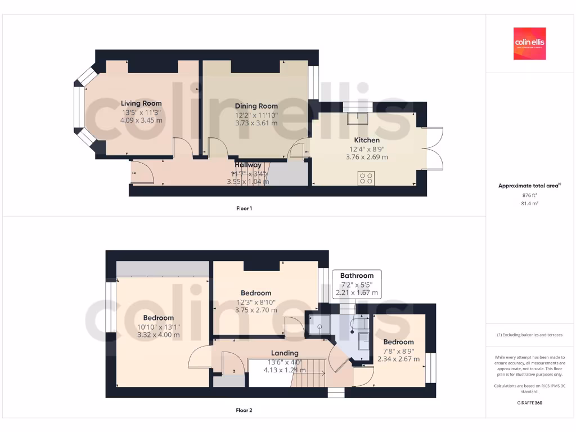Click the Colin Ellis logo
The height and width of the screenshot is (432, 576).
click(529, 44)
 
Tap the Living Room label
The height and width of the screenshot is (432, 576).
click(141, 103)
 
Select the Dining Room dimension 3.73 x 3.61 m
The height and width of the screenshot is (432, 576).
click(256, 123)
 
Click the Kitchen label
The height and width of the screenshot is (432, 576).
click(366, 140)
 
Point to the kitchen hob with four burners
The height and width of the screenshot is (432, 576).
click(366, 179)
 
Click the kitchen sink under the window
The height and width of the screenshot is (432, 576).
click(357, 118)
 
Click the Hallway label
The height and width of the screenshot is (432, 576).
click(248, 165)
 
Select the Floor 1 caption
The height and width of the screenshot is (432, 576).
click(244, 208)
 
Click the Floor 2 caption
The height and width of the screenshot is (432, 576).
click(244, 410)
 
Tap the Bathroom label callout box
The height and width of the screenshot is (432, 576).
click(357, 284)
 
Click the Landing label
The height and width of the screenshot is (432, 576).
click(285, 353)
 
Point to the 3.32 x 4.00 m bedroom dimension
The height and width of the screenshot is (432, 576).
click(158, 335)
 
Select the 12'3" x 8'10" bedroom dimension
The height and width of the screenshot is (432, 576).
click(256, 301)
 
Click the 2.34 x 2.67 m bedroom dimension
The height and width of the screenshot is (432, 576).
click(398, 359)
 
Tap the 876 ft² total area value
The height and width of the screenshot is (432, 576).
click(529, 195)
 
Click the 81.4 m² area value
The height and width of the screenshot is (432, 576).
click(529, 203)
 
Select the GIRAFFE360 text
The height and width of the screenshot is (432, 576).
click(529, 403)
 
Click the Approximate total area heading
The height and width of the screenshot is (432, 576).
click(529, 186)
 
